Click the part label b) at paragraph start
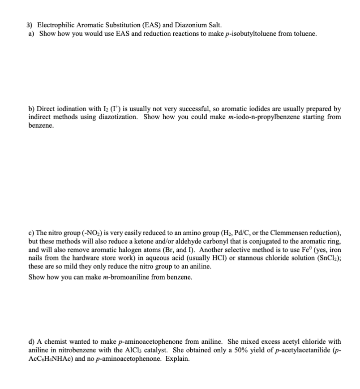pos(31,108)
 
